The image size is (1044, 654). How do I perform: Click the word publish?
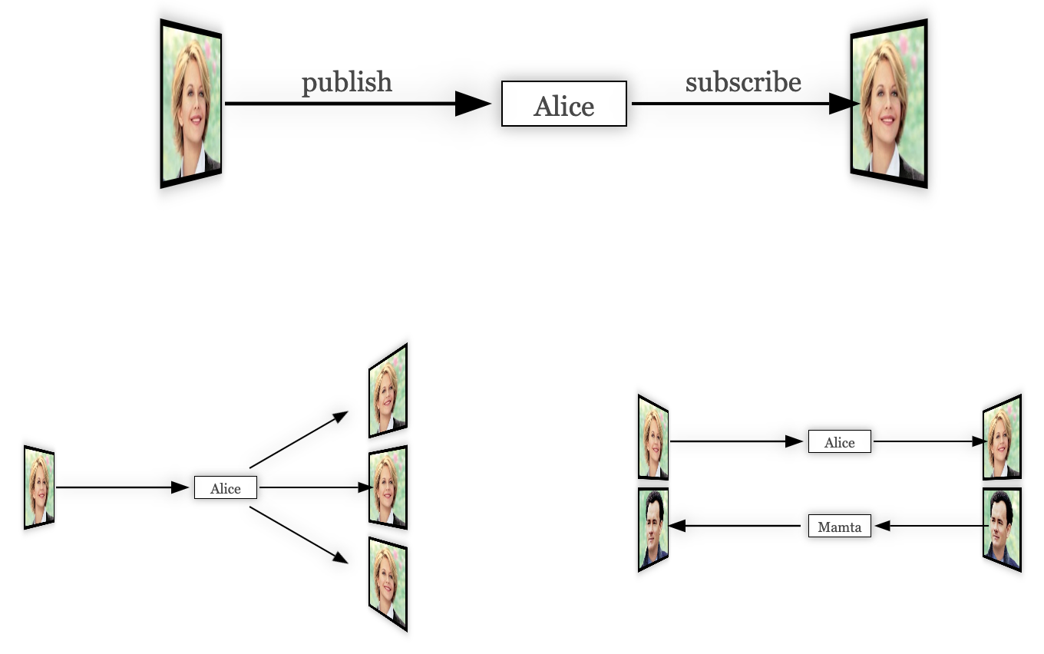tap(346, 83)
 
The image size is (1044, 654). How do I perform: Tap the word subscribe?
tap(743, 82)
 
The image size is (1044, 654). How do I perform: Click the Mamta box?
tap(839, 527)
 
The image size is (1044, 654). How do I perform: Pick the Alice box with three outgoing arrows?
tap(225, 488)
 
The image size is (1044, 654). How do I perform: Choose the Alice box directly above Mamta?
tap(839, 442)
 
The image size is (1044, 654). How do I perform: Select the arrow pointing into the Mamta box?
tap(930, 526)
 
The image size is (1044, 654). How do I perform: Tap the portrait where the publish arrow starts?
tap(191, 104)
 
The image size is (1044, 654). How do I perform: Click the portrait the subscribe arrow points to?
tap(889, 104)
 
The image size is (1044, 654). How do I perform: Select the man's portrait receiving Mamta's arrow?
tap(653, 529)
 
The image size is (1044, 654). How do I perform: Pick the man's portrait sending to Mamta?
tap(1002, 529)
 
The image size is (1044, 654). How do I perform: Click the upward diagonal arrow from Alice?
tap(299, 440)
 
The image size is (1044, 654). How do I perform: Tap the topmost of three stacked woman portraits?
tap(387, 391)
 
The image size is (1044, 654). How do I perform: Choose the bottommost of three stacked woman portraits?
tap(387, 583)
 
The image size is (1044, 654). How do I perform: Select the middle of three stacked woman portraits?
tap(387, 487)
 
